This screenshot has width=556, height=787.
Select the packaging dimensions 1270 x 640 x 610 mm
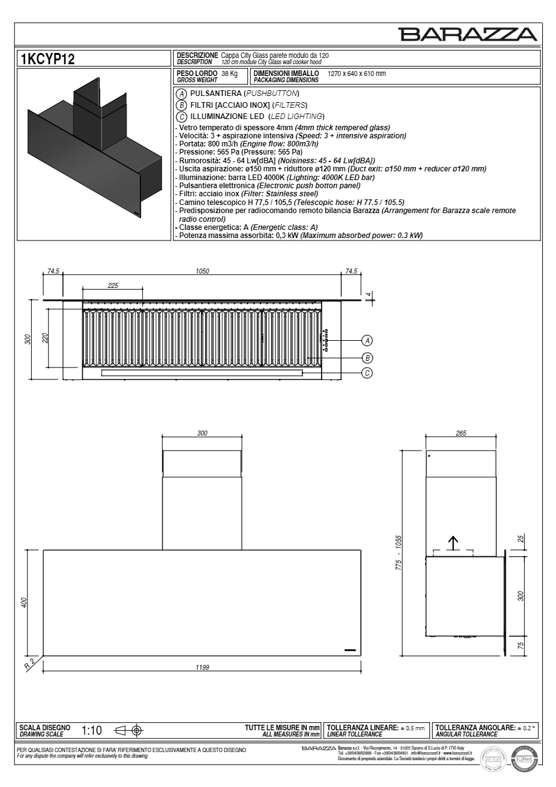pos(357,74)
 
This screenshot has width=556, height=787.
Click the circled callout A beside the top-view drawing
pos(368,340)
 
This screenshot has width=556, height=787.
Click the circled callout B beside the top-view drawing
pos(368,358)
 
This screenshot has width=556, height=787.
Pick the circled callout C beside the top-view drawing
pos(368,373)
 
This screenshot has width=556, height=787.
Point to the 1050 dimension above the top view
pos(202,271)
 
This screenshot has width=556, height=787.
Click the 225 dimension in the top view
pos(113,285)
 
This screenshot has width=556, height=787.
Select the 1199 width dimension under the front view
pos(202,667)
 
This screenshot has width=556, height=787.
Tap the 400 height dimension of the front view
pos(24,603)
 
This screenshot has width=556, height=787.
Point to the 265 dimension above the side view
pos(461,433)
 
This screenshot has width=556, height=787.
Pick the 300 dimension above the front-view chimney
pos(202,433)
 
